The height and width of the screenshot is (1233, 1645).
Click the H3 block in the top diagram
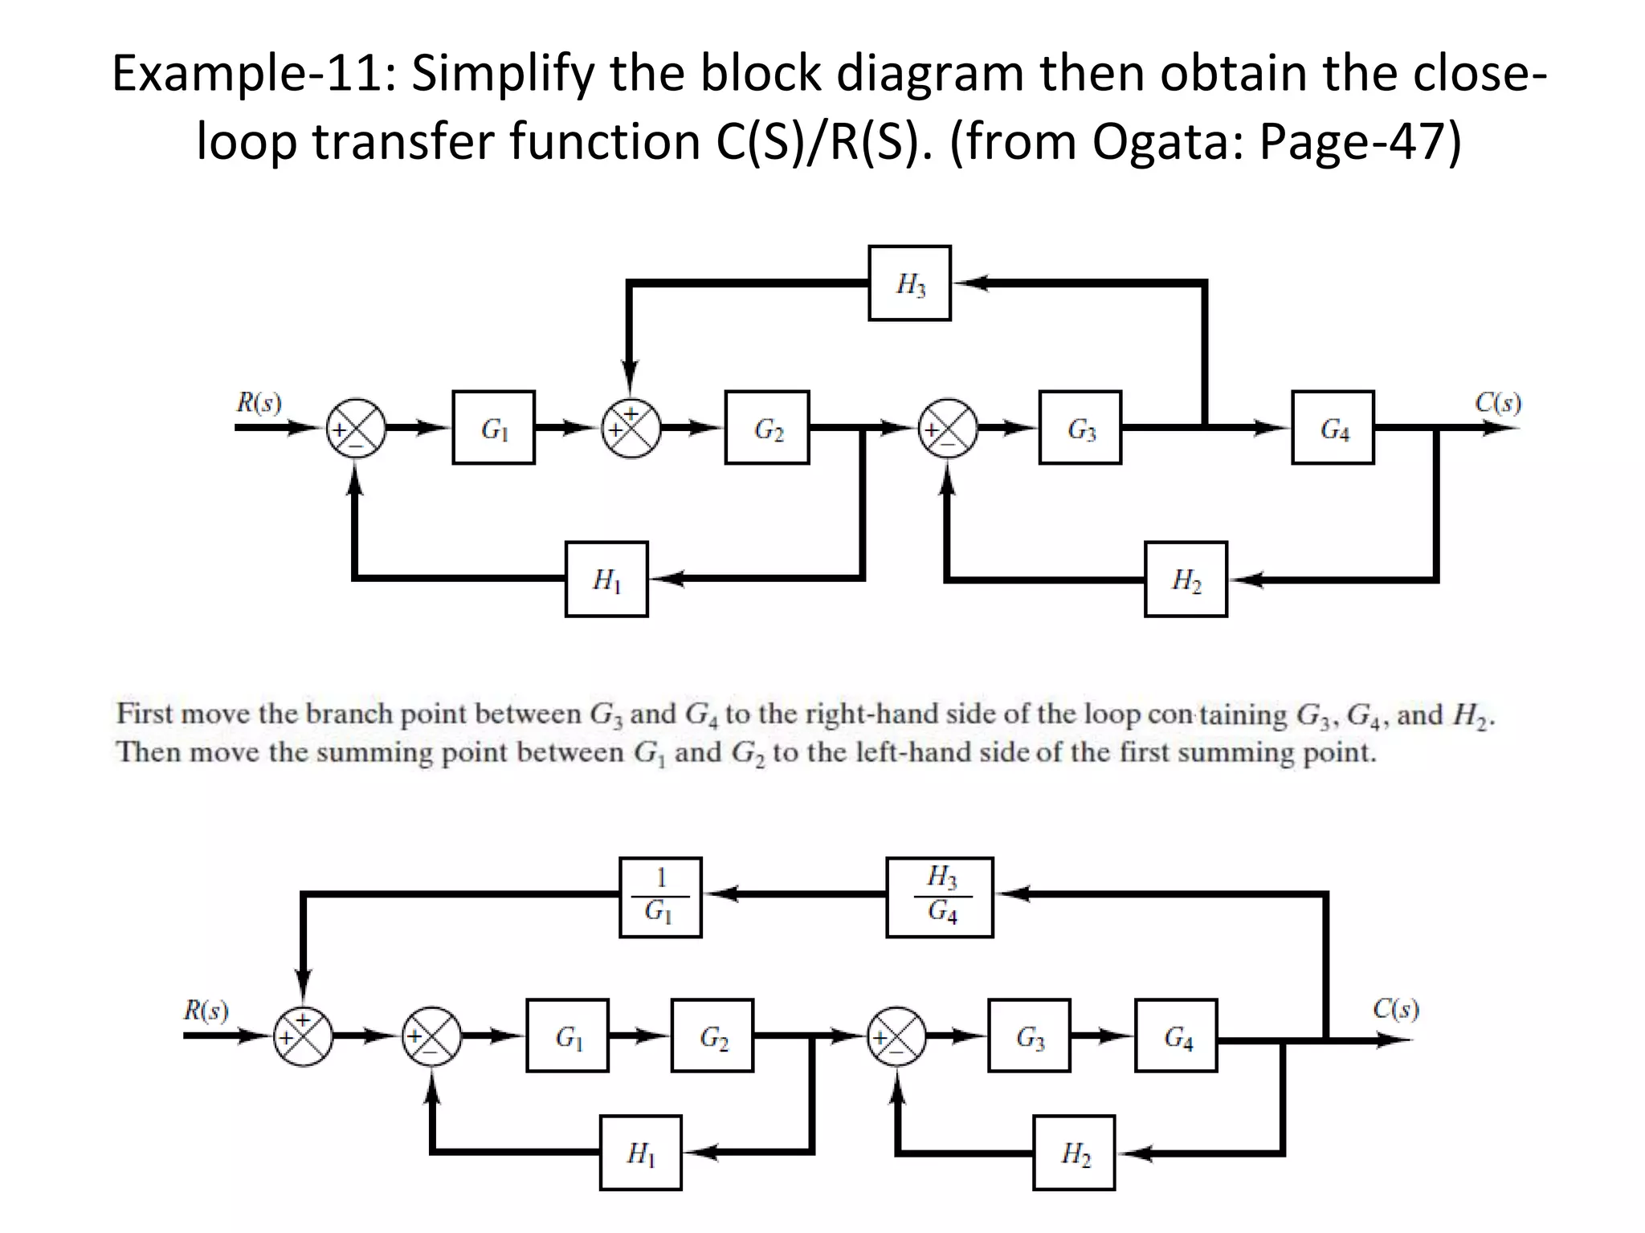[x=909, y=283]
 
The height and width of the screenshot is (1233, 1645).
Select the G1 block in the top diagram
[x=493, y=428]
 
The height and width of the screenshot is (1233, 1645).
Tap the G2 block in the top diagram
[x=766, y=428]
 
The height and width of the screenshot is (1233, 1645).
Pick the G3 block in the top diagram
[x=1080, y=428]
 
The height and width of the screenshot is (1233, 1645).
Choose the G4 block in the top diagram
[x=1333, y=428]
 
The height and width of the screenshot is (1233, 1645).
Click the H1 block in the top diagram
[x=606, y=579]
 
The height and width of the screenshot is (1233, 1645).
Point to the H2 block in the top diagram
[x=1186, y=579]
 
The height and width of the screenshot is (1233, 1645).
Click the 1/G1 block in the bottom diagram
[x=660, y=897]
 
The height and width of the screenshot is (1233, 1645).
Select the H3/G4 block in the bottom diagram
[x=939, y=897]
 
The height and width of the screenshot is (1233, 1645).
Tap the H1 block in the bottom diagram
[x=640, y=1152]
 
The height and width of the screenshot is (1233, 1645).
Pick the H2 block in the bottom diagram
[x=1074, y=1152]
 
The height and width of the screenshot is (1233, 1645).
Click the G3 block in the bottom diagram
[x=1029, y=1036]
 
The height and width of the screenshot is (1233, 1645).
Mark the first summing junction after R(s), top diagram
[x=356, y=428]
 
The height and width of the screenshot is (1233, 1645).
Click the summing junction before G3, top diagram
[x=948, y=428]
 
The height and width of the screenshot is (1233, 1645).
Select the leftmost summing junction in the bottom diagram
[x=303, y=1036]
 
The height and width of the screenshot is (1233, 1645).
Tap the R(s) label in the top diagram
[x=259, y=402]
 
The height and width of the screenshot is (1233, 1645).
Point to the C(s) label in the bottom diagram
[x=1395, y=1008]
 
